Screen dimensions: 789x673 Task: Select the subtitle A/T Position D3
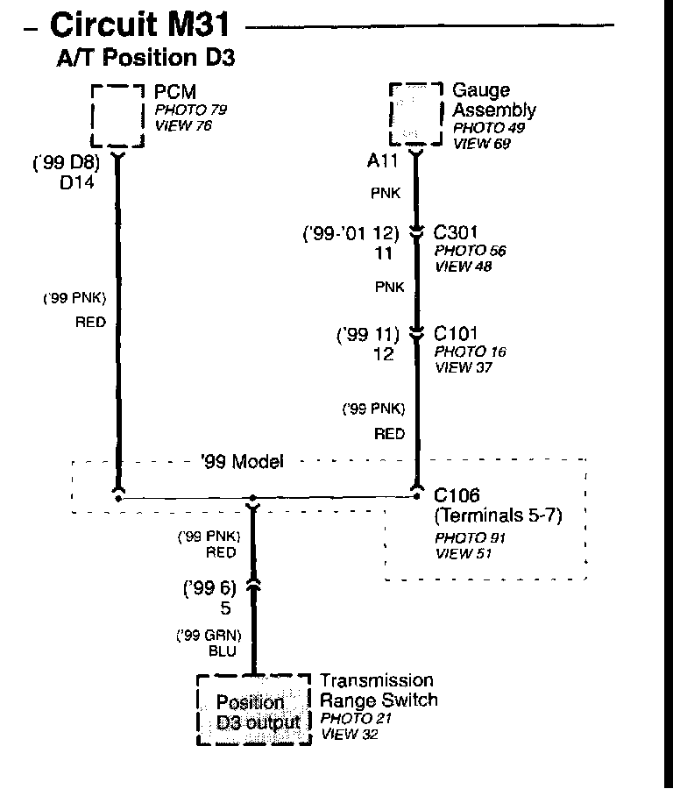pyautogui.click(x=146, y=58)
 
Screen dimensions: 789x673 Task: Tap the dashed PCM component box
pyautogui.click(x=117, y=116)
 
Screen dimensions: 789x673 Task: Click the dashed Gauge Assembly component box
pyautogui.click(x=415, y=114)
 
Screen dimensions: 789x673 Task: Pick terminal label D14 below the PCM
pyautogui.click(x=77, y=184)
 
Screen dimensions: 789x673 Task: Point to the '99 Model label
pyautogui.click(x=242, y=462)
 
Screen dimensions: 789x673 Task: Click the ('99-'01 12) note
pyautogui.click(x=351, y=234)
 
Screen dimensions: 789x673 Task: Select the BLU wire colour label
pyautogui.click(x=222, y=652)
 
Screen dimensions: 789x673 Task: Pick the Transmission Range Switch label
pyautogui.click(x=378, y=690)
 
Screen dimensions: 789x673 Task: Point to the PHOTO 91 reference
pyautogui.click(x=470, y=537)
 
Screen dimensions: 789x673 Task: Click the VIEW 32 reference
pyautogui.click(x=350, y=735)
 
